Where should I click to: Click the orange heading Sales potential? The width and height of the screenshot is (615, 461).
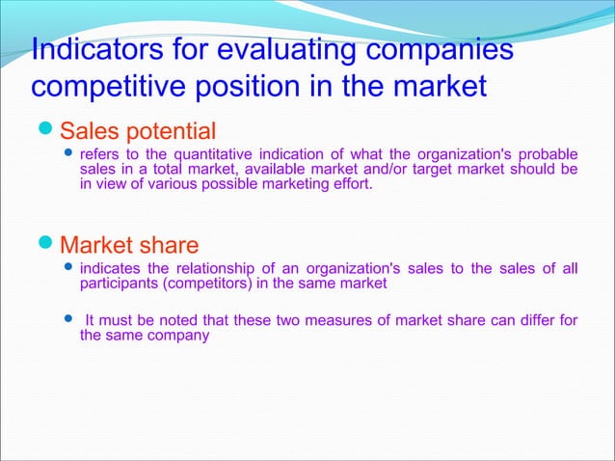[138, 129]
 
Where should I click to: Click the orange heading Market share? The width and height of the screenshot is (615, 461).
[129, 244]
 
